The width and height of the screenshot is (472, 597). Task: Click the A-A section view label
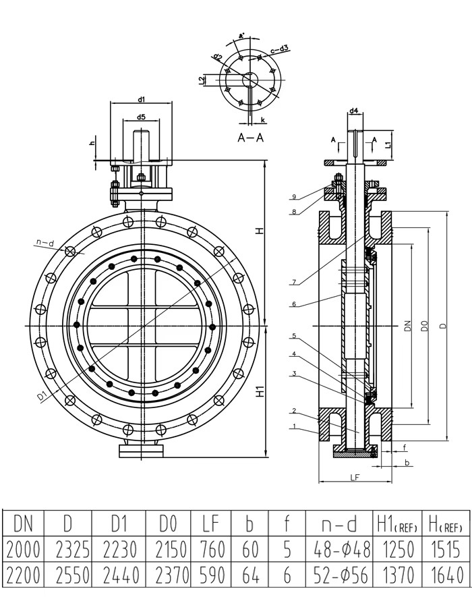click(251, 137)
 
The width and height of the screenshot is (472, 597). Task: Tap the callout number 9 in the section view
click(295, 196)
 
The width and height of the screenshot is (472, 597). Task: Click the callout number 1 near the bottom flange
click(294, 426)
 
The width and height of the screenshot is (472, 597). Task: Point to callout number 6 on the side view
click(294, 304)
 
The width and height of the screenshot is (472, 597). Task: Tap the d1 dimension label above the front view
click(142, 99)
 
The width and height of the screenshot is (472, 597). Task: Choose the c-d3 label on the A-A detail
click(281, 48)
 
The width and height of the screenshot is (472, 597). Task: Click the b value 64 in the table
click(250, 575)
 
